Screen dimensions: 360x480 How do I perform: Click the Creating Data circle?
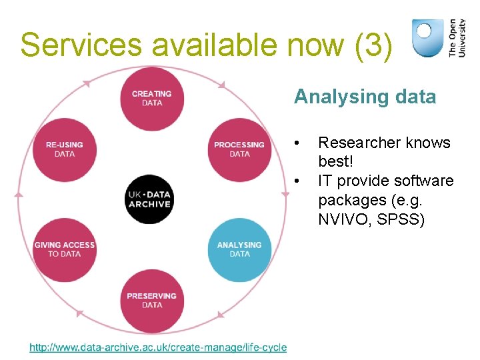tap(152, 99)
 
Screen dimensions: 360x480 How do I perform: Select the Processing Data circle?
tap(239, 149)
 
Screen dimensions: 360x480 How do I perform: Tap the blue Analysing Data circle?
tap(239, 249)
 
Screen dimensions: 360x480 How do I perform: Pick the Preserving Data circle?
tap(152, 301)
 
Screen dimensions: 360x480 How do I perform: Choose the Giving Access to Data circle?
tap(65, 249)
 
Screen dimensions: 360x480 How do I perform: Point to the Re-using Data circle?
tap(65, 149)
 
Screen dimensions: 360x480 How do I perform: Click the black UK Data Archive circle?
tap(150, 199)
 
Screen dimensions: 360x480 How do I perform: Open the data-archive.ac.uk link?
tap(158, 347)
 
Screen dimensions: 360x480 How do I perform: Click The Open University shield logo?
tap(427, 38)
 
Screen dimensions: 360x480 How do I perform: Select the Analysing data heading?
tap(365, 97)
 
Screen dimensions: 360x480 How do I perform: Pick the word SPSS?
tap(400, 219)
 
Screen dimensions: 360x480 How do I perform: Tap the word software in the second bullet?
tap(423, 181)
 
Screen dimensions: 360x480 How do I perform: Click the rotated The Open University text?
tap(457, 38)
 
